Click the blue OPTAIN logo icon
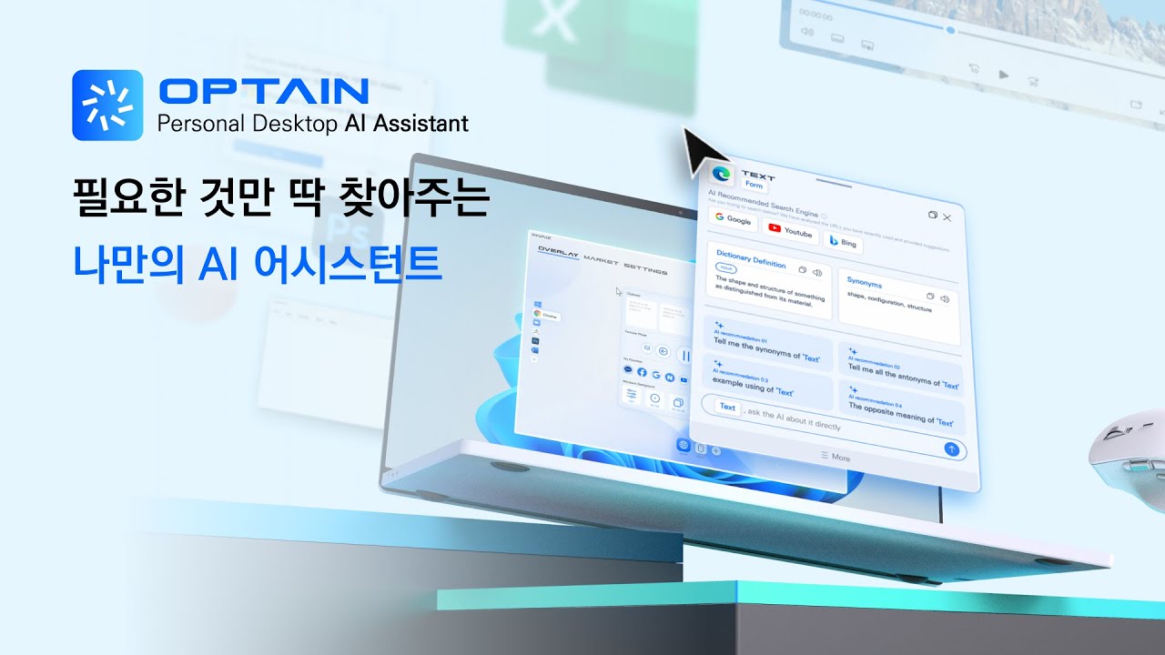[107, 105]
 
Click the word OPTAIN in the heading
[263, 91]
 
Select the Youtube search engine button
[790, 230]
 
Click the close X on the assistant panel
[947, 217]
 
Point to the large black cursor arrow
[701, 151]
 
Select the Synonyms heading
[865, 282]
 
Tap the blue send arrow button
[951, 448]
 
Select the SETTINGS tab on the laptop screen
[645, 270]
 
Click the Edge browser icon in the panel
[723, 174]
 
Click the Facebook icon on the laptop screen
[642, 373]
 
